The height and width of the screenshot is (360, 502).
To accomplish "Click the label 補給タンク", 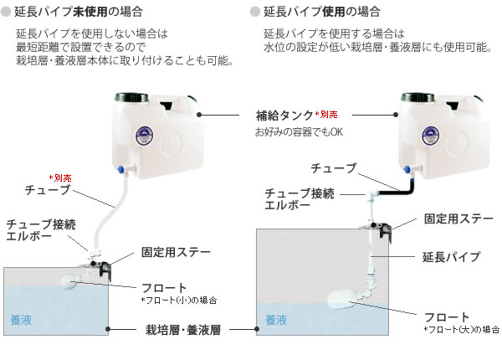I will point(284,114).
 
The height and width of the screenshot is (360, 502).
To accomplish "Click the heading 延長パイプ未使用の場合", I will point(81,13).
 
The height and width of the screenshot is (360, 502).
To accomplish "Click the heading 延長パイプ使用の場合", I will point(321,13).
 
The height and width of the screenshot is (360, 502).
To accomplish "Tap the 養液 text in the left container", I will point(21,319).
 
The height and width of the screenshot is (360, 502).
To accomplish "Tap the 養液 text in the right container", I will point(276,320).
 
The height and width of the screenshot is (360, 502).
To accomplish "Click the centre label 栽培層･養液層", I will point(182,331).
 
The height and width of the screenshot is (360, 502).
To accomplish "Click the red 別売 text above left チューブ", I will point(62,177).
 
